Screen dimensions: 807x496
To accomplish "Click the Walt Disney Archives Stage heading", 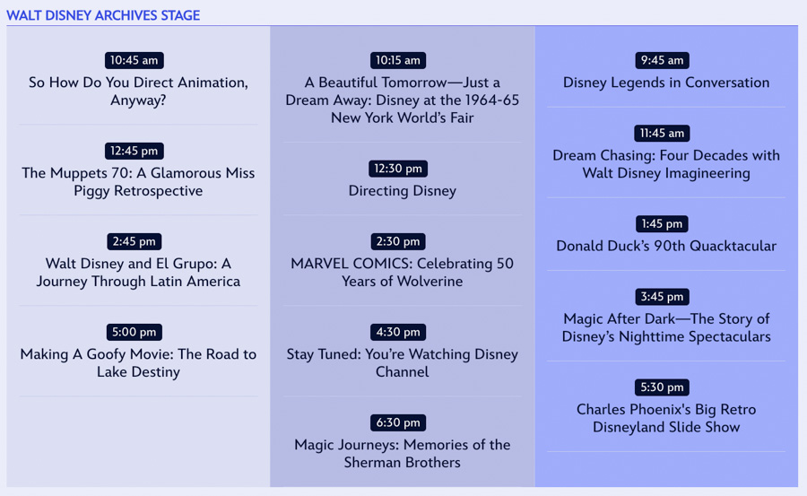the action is [x=103, y=15].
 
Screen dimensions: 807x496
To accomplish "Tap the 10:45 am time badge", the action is [x=134, y=60].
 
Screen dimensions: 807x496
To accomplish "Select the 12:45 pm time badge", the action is [x=134, y=151].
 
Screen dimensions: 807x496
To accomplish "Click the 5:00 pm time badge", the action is [x=134, y=332].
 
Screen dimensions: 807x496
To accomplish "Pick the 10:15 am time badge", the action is [x=398, y=60].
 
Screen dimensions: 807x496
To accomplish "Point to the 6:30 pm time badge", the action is [x=398, y=422].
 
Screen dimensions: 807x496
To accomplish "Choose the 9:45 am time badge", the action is [x=662, y=60].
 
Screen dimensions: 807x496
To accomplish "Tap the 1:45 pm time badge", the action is [x=662, y=224].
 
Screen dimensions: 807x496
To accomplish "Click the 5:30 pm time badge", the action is [x=662, y=387].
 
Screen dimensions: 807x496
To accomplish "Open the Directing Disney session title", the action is [x=403, y=191].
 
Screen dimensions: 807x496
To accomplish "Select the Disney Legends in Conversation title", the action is [x=666, y=83].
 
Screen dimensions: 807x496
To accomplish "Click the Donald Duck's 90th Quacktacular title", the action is [x=666, y=246].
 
